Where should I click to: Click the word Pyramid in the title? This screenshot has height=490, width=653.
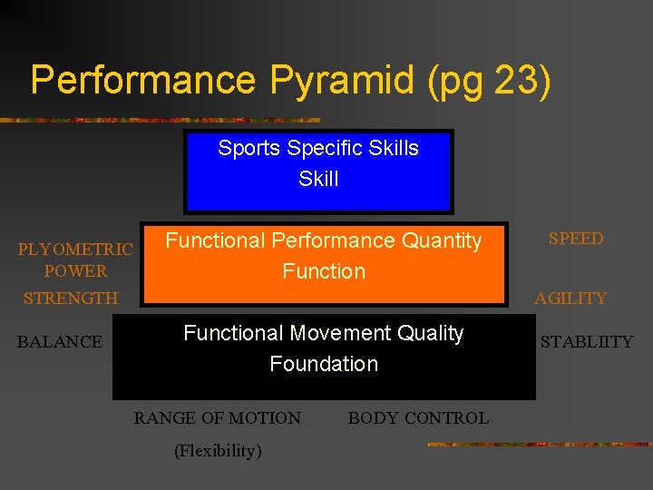pyautogui.click(x=340, y=80)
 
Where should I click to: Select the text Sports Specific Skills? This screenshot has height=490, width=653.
pyautogui.click(x=318, y=148)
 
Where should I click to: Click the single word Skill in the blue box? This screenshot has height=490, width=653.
pyautogui.click(x=318, y=179)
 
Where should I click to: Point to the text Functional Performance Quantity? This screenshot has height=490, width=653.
pyautogui.click(x=323, y=240)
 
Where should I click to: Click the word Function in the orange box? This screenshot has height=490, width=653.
pyautogui.click(x=324, y=271)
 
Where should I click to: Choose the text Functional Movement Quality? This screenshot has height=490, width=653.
pyautogui.click(x=323, y=333)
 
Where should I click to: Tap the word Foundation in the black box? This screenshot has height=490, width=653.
pyautogui.click(x=324, y=364)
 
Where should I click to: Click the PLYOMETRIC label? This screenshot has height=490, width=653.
pyautogui.click(x=75, y=250)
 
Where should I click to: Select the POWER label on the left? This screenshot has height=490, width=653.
pyautogui.click(x=75, y=271)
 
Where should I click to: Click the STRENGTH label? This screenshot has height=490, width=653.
pyautogui.click(x=71, y=299)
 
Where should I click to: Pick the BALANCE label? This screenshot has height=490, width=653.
pyautogui.click(x=60, y=342)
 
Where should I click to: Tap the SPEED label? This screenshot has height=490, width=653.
pyautogui.click(x=576, y=239)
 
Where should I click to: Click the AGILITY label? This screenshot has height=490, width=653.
pyautogui.click(x=570, y=299)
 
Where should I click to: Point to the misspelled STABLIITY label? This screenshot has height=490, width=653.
pyautogui.click(x=587, y=342)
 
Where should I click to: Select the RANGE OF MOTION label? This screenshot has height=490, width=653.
pyautogui.click(x=218, y=418)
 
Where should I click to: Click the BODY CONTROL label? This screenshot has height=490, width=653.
pyautogui.click(x=418, y=418)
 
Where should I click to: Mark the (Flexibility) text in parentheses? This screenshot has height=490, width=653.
pyautogui.click(x=218, y=451)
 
